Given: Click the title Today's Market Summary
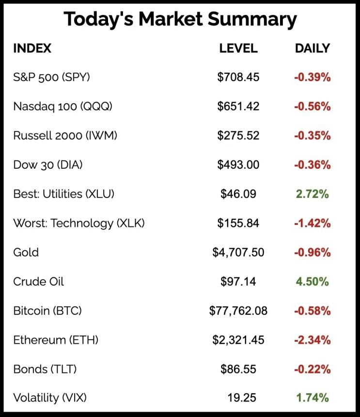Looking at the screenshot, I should click(x=180, y=19).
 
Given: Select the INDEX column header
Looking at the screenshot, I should click(x=32, y=48).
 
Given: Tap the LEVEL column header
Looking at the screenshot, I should click(x=238, y=48).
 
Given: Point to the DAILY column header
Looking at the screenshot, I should click(x=313, y=48).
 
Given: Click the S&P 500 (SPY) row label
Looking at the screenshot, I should click(x=52, y=77).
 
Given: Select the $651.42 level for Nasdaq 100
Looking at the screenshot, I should click(x=238, y=107).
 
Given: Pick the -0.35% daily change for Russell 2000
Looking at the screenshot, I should click(x=313, y=136).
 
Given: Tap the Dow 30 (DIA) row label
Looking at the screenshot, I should click(x=48, y=165).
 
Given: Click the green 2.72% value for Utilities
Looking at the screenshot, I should click(x=313, y=194).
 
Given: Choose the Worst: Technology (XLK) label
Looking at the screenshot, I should click(x=79, y=223).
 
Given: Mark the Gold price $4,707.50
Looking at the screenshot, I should click(x=238, y=253).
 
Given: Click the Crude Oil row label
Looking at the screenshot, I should click(x=39, y=282).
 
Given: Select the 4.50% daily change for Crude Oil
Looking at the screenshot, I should click(x=313, y=282).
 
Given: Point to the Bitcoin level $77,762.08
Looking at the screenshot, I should click(x=238, y=311).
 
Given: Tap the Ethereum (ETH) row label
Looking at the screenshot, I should click(x=56, y=340).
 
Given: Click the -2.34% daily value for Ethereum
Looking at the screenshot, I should click(x=313, y=340).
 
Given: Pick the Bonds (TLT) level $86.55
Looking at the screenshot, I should click(x=238, y=369).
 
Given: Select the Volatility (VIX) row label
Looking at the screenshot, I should click(x=50, y=399).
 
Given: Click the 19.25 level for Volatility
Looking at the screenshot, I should click(x=241, y=399).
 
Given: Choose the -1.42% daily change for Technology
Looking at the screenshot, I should click(x=313, y=223).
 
